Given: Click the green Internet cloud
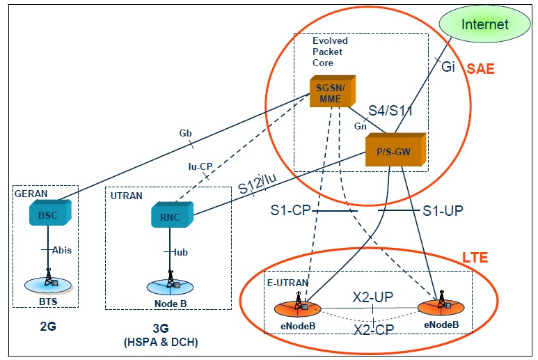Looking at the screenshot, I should [x=486, y=24].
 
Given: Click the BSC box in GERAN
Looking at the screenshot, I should [x=47, y=213].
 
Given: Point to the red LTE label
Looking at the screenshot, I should [x=474, y=258].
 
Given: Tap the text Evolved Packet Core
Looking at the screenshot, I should [x=330, y=52].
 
